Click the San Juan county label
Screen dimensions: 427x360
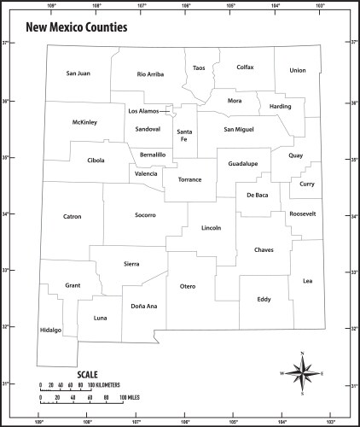[x=78, y=73]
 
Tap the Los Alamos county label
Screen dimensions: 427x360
[x=143, y=111]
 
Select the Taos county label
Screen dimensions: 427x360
[x=199, y=67]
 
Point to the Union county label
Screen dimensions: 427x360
[x=297, y=70]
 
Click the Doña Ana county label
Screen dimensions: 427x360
[x=144, y=305]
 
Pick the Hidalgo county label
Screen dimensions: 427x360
[x=50, y=330]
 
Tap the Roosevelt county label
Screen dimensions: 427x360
[x=303, y=213]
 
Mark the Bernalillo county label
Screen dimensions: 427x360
[x=153, y=154]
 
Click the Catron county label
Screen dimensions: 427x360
[x=72, y=216]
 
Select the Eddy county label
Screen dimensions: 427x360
[x=264, y=299]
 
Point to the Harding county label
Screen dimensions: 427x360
[x=280, y=107]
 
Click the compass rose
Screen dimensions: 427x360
[x=303, y=373]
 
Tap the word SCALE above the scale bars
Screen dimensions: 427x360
[x=88, y=374]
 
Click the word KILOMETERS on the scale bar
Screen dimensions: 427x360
[x=110, y=385]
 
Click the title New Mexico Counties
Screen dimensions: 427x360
[x=77, y=27]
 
